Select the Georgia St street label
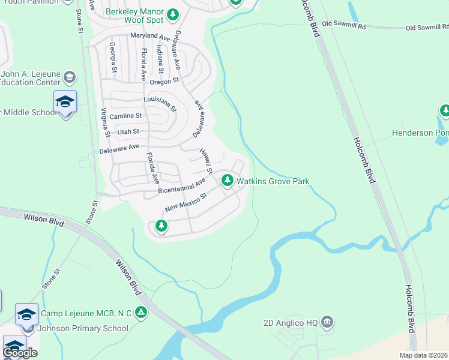point(112,57)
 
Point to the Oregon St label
point(166,81)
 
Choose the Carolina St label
point(125,116)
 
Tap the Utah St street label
point(128,131)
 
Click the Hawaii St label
point(206,161)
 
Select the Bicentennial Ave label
point(182,185)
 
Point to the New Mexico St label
point(186,202)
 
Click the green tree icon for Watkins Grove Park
point(228,180)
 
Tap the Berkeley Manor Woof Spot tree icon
point(173,14)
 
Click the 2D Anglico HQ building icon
point(327,322)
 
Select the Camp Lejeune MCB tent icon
point(140,312)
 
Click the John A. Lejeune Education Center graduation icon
point(70,77)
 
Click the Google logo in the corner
point(20,353)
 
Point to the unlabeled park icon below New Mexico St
point(161,226)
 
